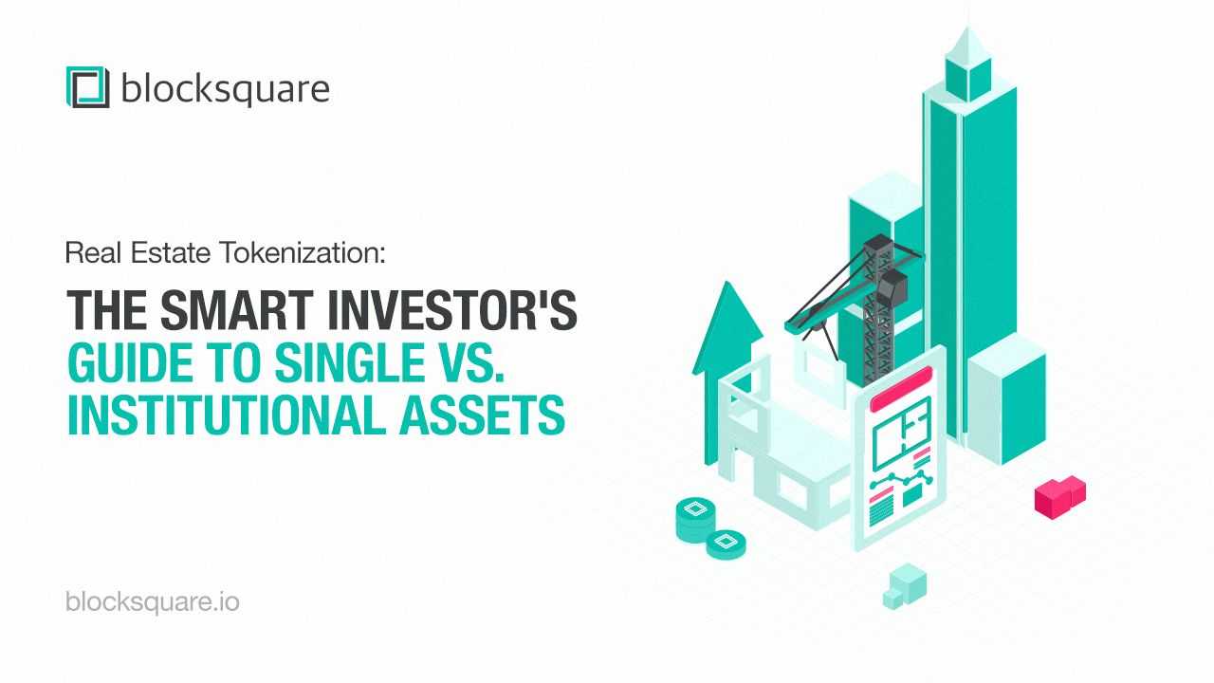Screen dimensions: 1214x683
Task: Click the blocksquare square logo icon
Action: click(88, 87)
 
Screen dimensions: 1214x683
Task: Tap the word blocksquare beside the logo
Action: click(226, 89)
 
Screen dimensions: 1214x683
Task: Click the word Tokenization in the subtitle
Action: click(303, 252)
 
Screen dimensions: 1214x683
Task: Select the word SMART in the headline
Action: click(237, 310)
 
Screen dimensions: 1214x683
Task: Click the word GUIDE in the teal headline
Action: click(130, 362)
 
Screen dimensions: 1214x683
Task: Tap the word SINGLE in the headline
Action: click(350, 362)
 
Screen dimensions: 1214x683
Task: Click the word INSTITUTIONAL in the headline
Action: click(227, 415)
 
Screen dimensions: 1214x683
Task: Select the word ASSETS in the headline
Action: click(483, 415)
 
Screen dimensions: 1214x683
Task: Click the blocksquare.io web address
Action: click(153, 602)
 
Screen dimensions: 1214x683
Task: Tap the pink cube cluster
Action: click(1060, 497)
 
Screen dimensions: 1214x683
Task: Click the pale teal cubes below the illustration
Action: click(905, 586)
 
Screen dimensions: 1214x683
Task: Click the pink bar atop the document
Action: click(901, 390)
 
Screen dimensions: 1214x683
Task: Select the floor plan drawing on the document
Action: click(902, 434)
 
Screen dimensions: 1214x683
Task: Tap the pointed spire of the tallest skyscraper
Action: click(968, 45)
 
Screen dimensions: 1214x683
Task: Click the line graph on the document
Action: click(901, 480)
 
